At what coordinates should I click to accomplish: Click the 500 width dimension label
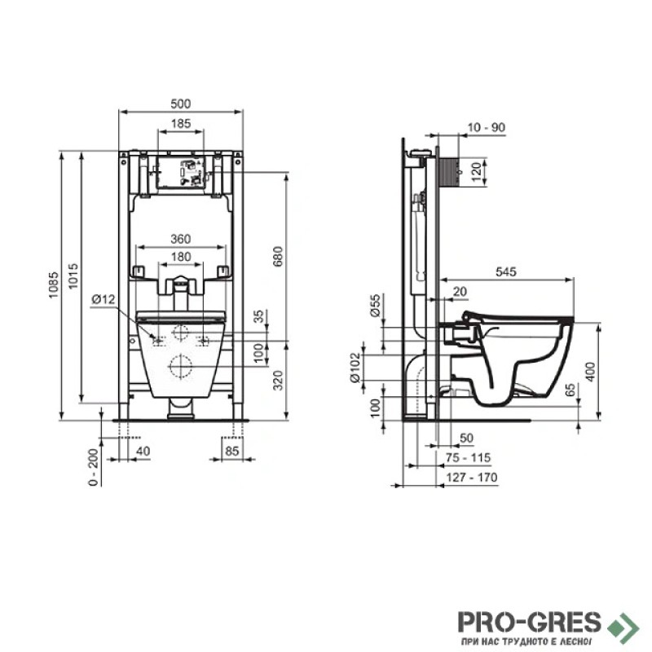pyautogui.click(x=180, y=104)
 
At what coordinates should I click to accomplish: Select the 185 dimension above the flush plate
pyautogui.click(x=181, y=124)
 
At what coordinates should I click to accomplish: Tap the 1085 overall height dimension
pyautogui.click(x=54, y=285)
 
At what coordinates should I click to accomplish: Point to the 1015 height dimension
pyautogui.click(x=73, y=276)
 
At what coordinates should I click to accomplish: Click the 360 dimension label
pyautogui.click(x=181, y=239)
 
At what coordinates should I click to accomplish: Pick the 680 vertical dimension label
pyautogui.click(x=278, y=257)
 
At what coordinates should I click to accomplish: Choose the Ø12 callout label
pyautogui.click(x=104, y=298)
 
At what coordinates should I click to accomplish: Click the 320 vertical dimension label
pyautogui.click(x=278, y=380)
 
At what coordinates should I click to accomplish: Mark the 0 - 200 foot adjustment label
pyautogui.click(x=94, y=466)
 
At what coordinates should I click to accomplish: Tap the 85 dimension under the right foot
pyautogui.click(x=232, y=451)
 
